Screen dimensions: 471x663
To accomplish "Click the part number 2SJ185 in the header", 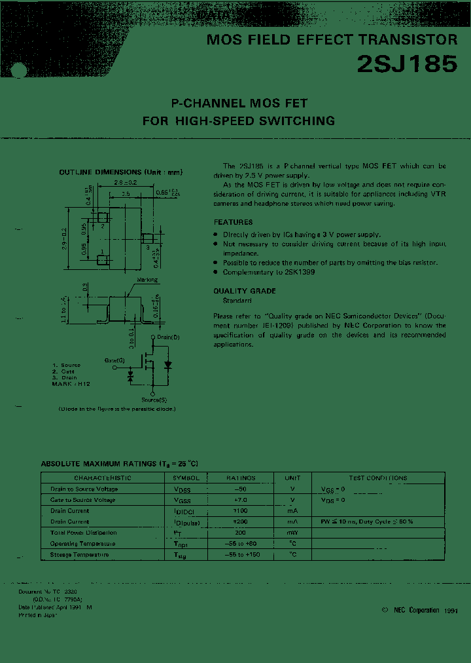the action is [406, 64].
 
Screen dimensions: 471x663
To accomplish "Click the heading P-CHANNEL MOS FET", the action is [239, 104].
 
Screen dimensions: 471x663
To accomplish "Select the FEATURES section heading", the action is [233, 222].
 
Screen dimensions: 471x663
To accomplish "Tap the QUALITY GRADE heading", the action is [245, 291].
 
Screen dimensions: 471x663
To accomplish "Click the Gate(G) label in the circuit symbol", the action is [115, 360].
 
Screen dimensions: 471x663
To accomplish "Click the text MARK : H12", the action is [71, 384].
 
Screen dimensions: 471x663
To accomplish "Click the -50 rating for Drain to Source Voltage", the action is [240, 489].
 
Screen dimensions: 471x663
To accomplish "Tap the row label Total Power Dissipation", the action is [83, 533].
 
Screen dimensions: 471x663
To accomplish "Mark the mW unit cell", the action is [292, 533].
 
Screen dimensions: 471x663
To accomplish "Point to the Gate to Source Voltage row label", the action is [82, 500].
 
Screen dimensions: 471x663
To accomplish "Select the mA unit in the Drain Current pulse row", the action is [292, 522].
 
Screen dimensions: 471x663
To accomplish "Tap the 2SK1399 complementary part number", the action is [299, 272].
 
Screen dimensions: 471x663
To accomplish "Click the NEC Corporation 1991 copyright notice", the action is [419, 610].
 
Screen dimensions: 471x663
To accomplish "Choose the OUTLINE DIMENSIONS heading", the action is [120, 172].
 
